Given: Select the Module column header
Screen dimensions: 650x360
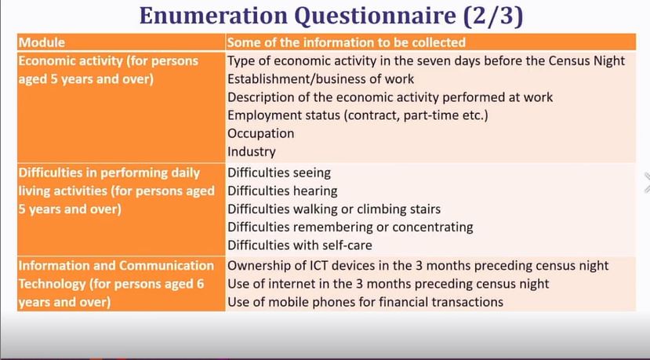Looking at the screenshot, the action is click(x=42, y=42).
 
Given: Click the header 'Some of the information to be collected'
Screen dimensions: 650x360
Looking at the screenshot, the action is click(x=347, y=42).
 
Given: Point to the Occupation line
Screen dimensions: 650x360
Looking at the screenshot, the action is click(x=261, y=133).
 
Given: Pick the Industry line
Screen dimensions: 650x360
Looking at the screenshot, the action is click(x=251, y=151).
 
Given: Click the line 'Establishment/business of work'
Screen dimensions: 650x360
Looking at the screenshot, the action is click(x=321, y=78).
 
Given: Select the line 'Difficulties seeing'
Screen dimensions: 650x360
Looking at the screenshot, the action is click(x=279, y=173).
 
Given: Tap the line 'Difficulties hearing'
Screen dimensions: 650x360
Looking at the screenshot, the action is click(x=282, y=191).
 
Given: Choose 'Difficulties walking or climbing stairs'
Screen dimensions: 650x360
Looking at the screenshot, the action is click(x=334, y=209).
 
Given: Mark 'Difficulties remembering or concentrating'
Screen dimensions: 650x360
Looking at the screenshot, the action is click(x=350, y=227).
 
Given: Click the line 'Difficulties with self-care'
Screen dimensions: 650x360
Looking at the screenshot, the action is click(x=300, y=245).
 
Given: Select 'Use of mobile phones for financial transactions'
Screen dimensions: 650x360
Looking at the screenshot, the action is click(x=365, y=301).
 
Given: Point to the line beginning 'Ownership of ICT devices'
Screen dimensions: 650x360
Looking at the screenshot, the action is click(x=418, y=265).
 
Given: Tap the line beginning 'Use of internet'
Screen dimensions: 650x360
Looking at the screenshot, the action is click(x=388, y=284).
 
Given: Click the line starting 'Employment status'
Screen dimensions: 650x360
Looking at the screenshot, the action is click(x=358, y=115).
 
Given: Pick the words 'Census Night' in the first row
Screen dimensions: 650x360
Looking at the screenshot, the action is click(x=586, y=60).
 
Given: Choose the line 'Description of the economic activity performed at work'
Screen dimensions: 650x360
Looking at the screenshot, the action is click(x=390, y=97).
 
